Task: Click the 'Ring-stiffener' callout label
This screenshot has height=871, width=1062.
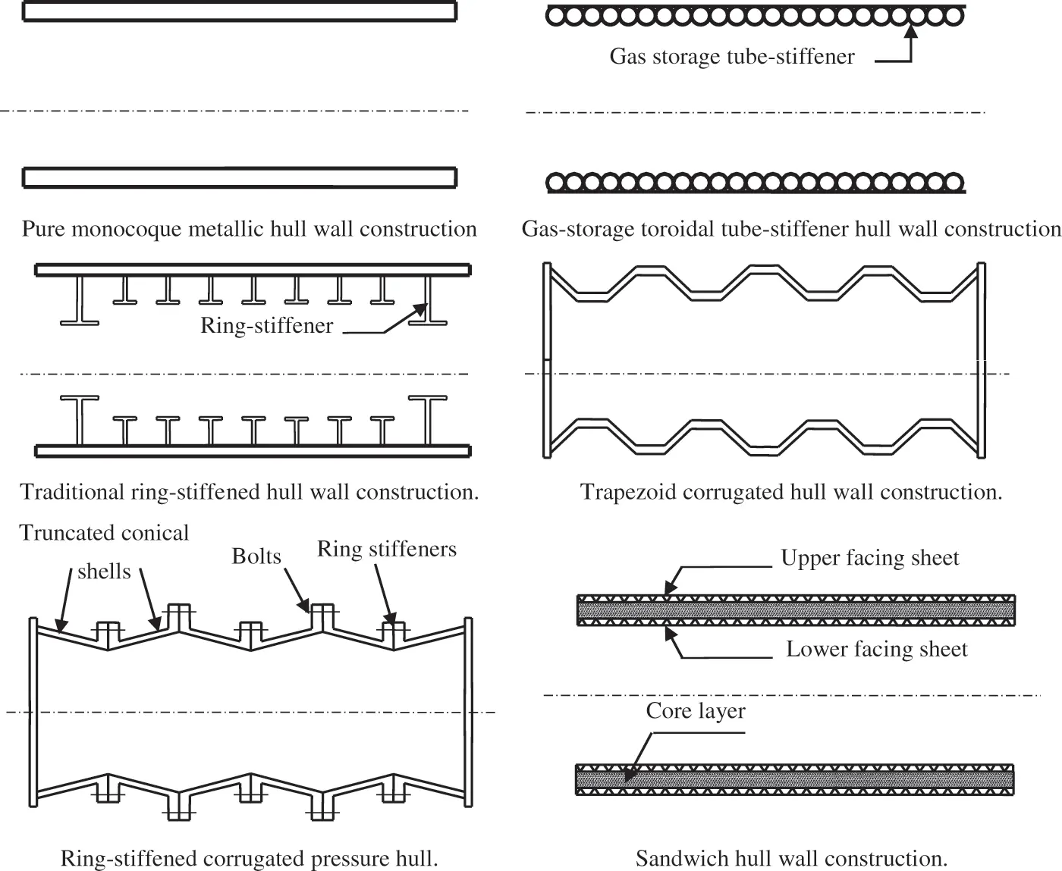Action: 266,326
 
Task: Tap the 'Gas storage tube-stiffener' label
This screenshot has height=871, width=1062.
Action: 732,57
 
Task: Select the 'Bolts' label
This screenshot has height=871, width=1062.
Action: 256,556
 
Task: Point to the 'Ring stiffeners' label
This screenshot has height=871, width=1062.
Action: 387,549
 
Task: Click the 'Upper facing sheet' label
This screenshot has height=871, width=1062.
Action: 870,558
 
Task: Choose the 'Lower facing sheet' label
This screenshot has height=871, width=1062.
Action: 876,650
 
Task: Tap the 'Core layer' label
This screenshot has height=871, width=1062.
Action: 696,711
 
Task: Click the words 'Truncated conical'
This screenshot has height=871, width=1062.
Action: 104,533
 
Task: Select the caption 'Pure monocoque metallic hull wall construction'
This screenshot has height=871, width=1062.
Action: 249,229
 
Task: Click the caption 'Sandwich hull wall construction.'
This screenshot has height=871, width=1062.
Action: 791,858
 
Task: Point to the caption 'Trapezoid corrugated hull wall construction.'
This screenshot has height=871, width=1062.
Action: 791,492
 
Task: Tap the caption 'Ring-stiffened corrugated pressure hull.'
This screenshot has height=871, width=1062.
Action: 249,858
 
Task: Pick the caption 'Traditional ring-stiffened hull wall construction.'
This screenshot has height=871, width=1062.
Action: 249,492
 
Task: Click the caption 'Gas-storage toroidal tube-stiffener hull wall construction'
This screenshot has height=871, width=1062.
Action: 791,229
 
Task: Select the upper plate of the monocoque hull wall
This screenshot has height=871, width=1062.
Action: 240,11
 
